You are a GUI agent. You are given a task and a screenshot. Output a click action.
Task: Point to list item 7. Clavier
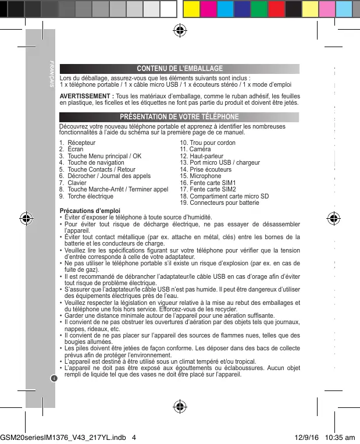73,183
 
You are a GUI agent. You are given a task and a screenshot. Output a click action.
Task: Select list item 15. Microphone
201,176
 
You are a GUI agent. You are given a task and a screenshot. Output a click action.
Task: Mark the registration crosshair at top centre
180,31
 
